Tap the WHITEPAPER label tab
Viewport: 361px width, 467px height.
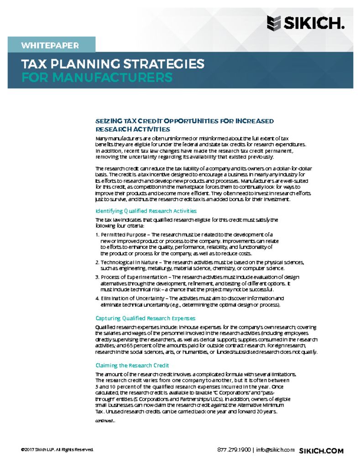coord(50,46)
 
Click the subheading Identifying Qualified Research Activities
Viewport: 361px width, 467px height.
coord(146,211)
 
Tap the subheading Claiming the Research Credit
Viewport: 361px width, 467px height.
coord(132,365)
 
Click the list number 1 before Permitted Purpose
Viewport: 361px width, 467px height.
coord(97,234)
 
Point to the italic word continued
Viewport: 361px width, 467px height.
coord(105,421)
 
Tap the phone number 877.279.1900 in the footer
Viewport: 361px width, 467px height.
coord(234,450)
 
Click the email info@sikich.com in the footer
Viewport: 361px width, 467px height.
coord(275,450)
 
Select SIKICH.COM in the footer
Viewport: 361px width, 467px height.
coord(321,451)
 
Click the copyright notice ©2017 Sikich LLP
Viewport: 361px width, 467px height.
coord(57,450)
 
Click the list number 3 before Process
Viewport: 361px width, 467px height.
coord(97,277)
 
